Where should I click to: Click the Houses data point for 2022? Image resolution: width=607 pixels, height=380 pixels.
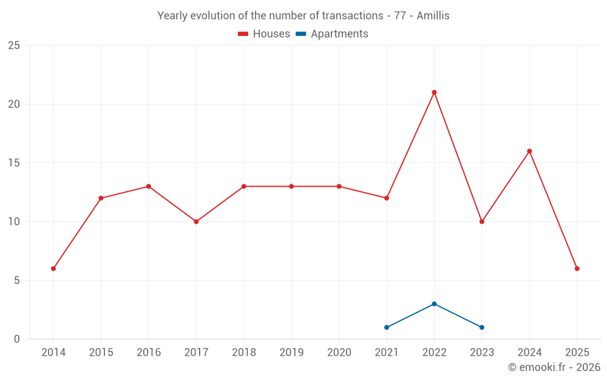point(434,92)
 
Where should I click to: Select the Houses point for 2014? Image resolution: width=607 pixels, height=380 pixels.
point(53,269)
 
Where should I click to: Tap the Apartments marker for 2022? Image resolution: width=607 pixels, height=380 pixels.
point(434,304)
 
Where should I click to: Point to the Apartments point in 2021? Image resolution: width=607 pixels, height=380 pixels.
point(387,328)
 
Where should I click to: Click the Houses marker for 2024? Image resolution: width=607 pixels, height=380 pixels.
point(529,151)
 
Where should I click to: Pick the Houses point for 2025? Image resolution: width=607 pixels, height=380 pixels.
point(577,269)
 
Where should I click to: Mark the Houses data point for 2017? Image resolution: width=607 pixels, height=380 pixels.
point(196,222)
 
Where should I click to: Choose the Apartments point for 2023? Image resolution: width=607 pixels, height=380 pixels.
point(482,328)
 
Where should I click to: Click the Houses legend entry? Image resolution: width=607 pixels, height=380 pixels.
point(264,34)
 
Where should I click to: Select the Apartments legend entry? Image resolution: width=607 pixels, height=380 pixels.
point(332,34)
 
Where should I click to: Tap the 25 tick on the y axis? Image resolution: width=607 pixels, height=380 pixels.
point(14,46)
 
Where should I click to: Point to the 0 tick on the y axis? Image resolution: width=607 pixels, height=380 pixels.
point(17,339)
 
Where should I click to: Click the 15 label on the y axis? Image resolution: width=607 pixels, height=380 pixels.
point(14,163)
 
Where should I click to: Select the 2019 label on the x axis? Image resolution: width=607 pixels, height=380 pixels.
point(291,353)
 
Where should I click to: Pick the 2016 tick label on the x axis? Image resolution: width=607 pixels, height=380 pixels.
point(149,353)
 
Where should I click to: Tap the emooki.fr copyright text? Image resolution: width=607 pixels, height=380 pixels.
point(554,367)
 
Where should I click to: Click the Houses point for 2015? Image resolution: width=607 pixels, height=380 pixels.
point(101,198)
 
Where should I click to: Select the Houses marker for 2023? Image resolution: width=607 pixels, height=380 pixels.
point(482,222)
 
